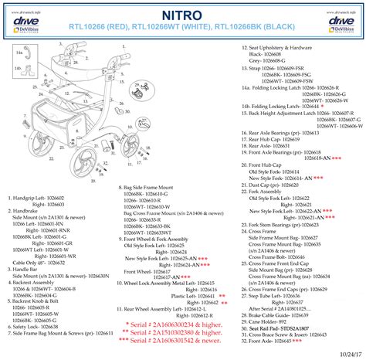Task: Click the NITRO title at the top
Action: tap(183, 15)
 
